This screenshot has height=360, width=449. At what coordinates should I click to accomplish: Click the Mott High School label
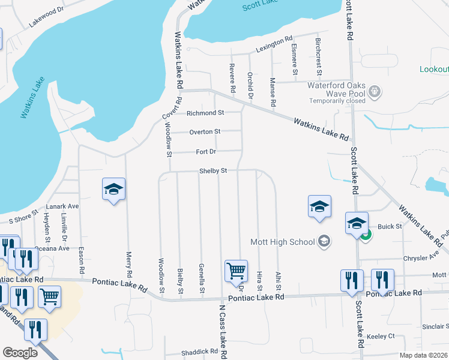pyautogui.click(x=282, y=242)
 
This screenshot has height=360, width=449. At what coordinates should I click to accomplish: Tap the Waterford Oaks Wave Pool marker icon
pyautogui.click(x=375, y=92)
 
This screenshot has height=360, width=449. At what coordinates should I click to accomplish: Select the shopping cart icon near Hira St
pyautogui.click(x=236, y=271)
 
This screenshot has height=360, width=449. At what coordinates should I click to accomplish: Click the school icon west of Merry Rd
pyautogui.click(x=113, y=190)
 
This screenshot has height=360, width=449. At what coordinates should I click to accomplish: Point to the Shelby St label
pyautogui.click(x=212, y=171)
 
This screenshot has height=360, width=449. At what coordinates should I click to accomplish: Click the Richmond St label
pyautogui.click(x=205, y=113)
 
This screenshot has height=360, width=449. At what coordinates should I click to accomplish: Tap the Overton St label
pyautogui.click(x=205, y=131)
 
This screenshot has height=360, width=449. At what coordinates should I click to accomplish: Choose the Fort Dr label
pyautogui.click(x=205, y=151)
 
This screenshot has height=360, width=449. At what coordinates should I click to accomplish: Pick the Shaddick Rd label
pyautogui.click(x=201, y=352)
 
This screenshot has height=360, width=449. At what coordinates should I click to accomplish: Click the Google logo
pyautogui.click(x=20, y=353)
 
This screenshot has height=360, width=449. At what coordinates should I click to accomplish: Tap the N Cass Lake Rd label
pyautogui.click(x=222, y=329)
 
